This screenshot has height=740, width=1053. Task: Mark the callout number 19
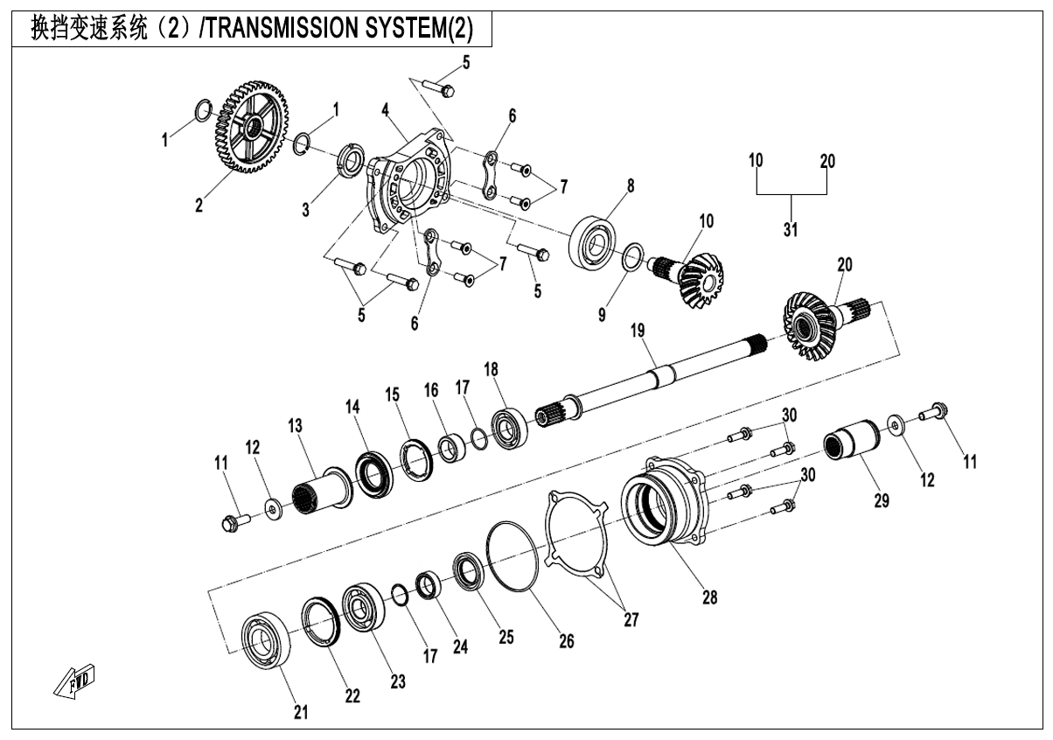637,331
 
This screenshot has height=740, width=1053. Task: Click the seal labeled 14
374,471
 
